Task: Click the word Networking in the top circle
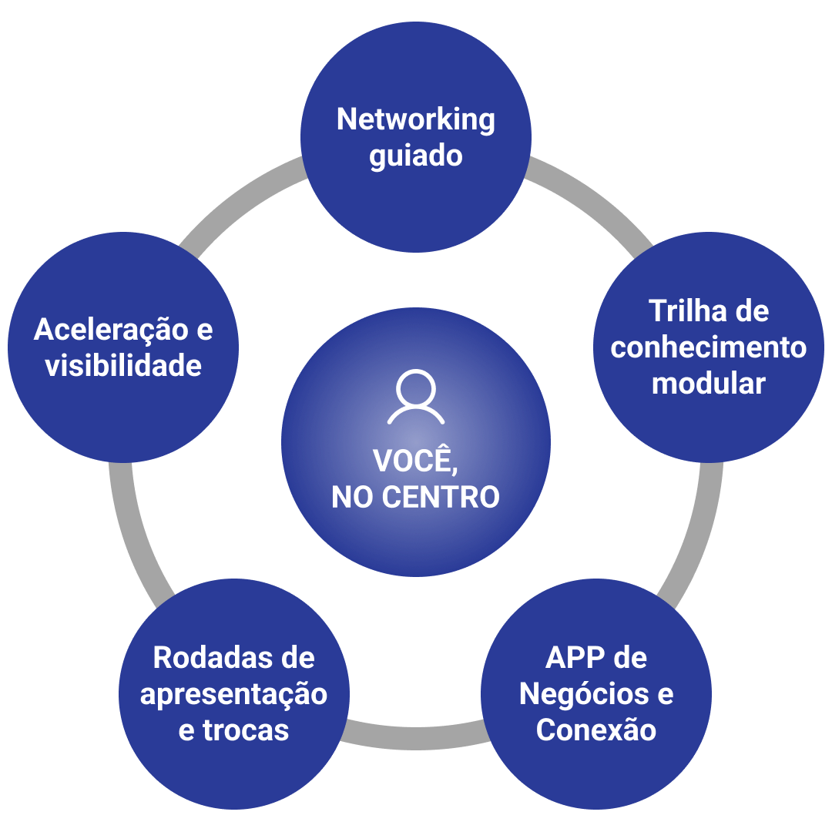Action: tap(416, 120)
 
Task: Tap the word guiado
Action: tap(416, 156)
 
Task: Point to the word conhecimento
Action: tap(709, 347)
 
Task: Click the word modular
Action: tap(709, 383)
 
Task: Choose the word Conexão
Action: tap(596, 730)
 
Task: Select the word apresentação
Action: tap(233, 694)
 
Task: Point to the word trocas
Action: tap(246, 730)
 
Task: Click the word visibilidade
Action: tap(123, 365)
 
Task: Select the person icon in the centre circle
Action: tap(416, 398)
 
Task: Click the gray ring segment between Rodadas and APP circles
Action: tap(416, 736)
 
